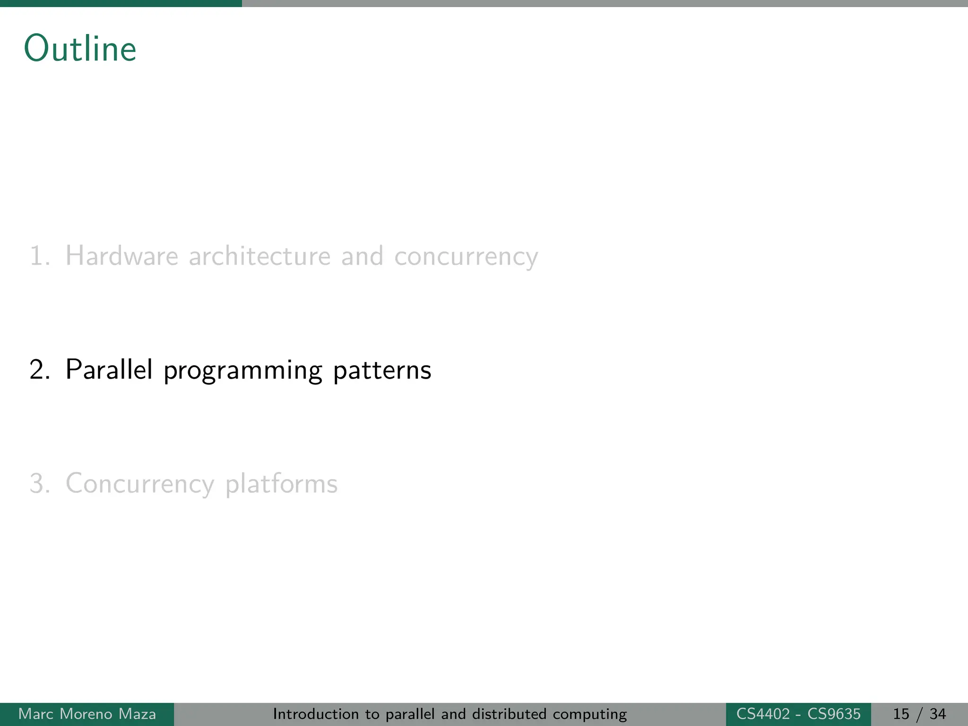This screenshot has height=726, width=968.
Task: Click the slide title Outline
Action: (x=80, y=48)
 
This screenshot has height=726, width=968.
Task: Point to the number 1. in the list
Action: (x=40, y=256)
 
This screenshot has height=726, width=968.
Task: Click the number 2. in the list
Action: (x=40, y=370)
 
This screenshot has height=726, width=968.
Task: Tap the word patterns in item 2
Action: (x=382, y=371)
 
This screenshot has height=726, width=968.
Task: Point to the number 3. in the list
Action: (x=40, y=484)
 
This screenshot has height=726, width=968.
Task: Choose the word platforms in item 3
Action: (x=281, y=484)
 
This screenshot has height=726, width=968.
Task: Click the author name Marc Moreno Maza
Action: (x=87, y=714)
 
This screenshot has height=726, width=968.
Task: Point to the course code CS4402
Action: (x=763, y=714)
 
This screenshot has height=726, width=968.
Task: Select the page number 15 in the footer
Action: (x=901, y=714)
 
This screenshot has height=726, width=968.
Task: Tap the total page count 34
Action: (x=938, y=714)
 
